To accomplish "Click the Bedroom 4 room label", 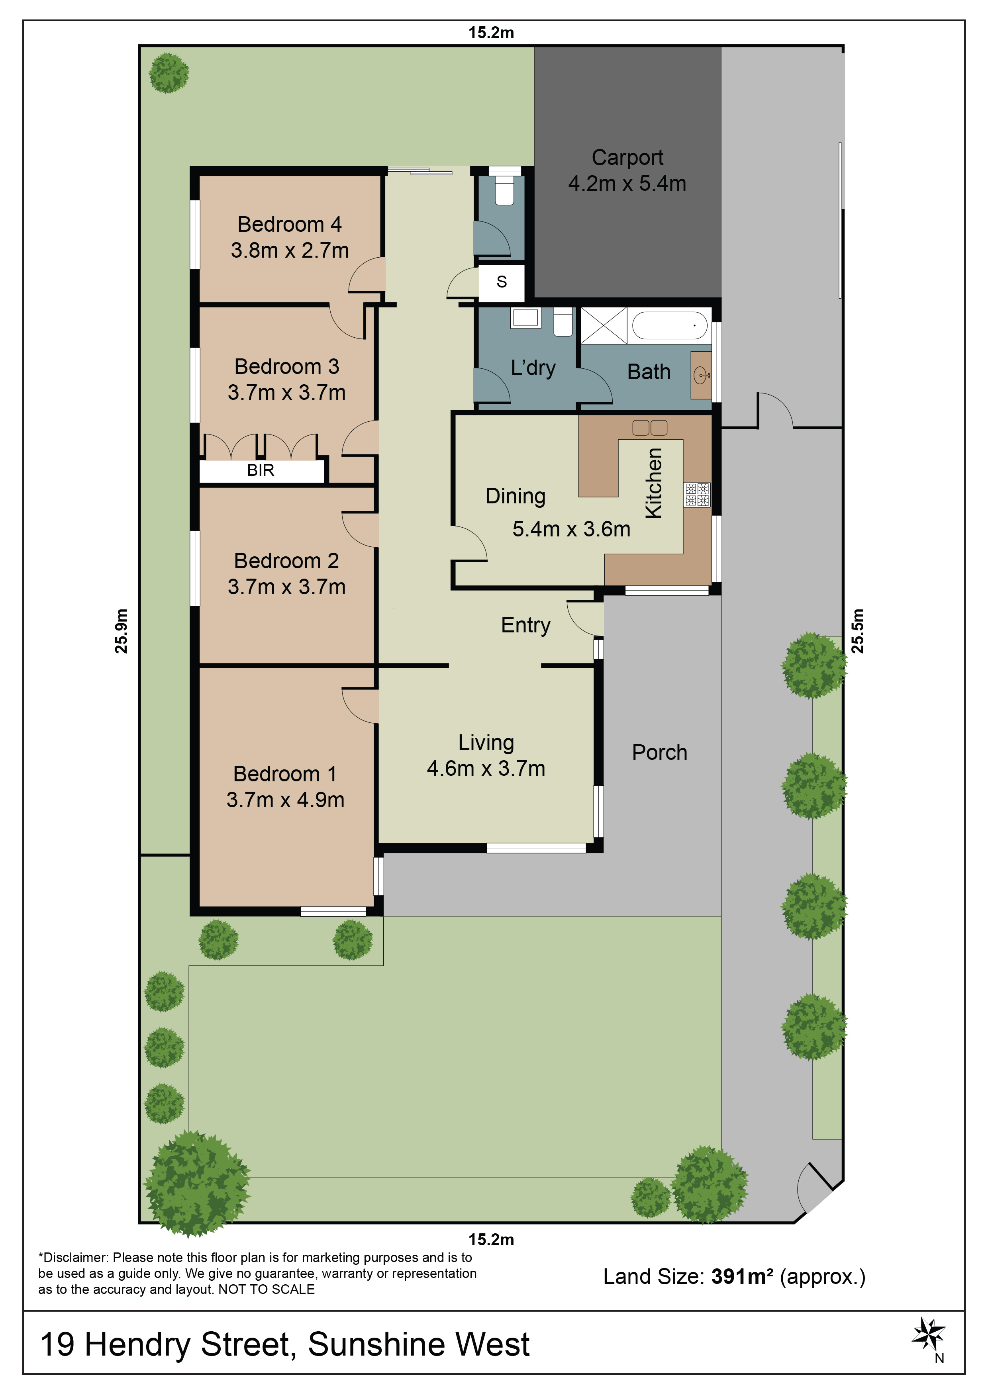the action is pyautogui.click(x=289, y=225).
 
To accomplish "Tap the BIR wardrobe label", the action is pyautogui.click(x=261, y=470).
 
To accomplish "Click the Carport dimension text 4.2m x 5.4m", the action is pyautogui.click(x=627, y=183).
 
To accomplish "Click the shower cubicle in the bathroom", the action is pyautogui.click(x=603, y=325).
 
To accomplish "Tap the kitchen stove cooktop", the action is pyautogui.click(x=697, y=495).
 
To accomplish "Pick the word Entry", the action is pyautogui.click(x=525, y=626).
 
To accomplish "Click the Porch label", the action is pyautogui.click(x=659, y=753).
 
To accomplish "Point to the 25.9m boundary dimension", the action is pyautogui.click(x=122, y=631).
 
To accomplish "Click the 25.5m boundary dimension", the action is pyautogui.click(x=857, y=631).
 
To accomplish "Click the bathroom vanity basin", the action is pyautogui.click(x=701, y=376).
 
